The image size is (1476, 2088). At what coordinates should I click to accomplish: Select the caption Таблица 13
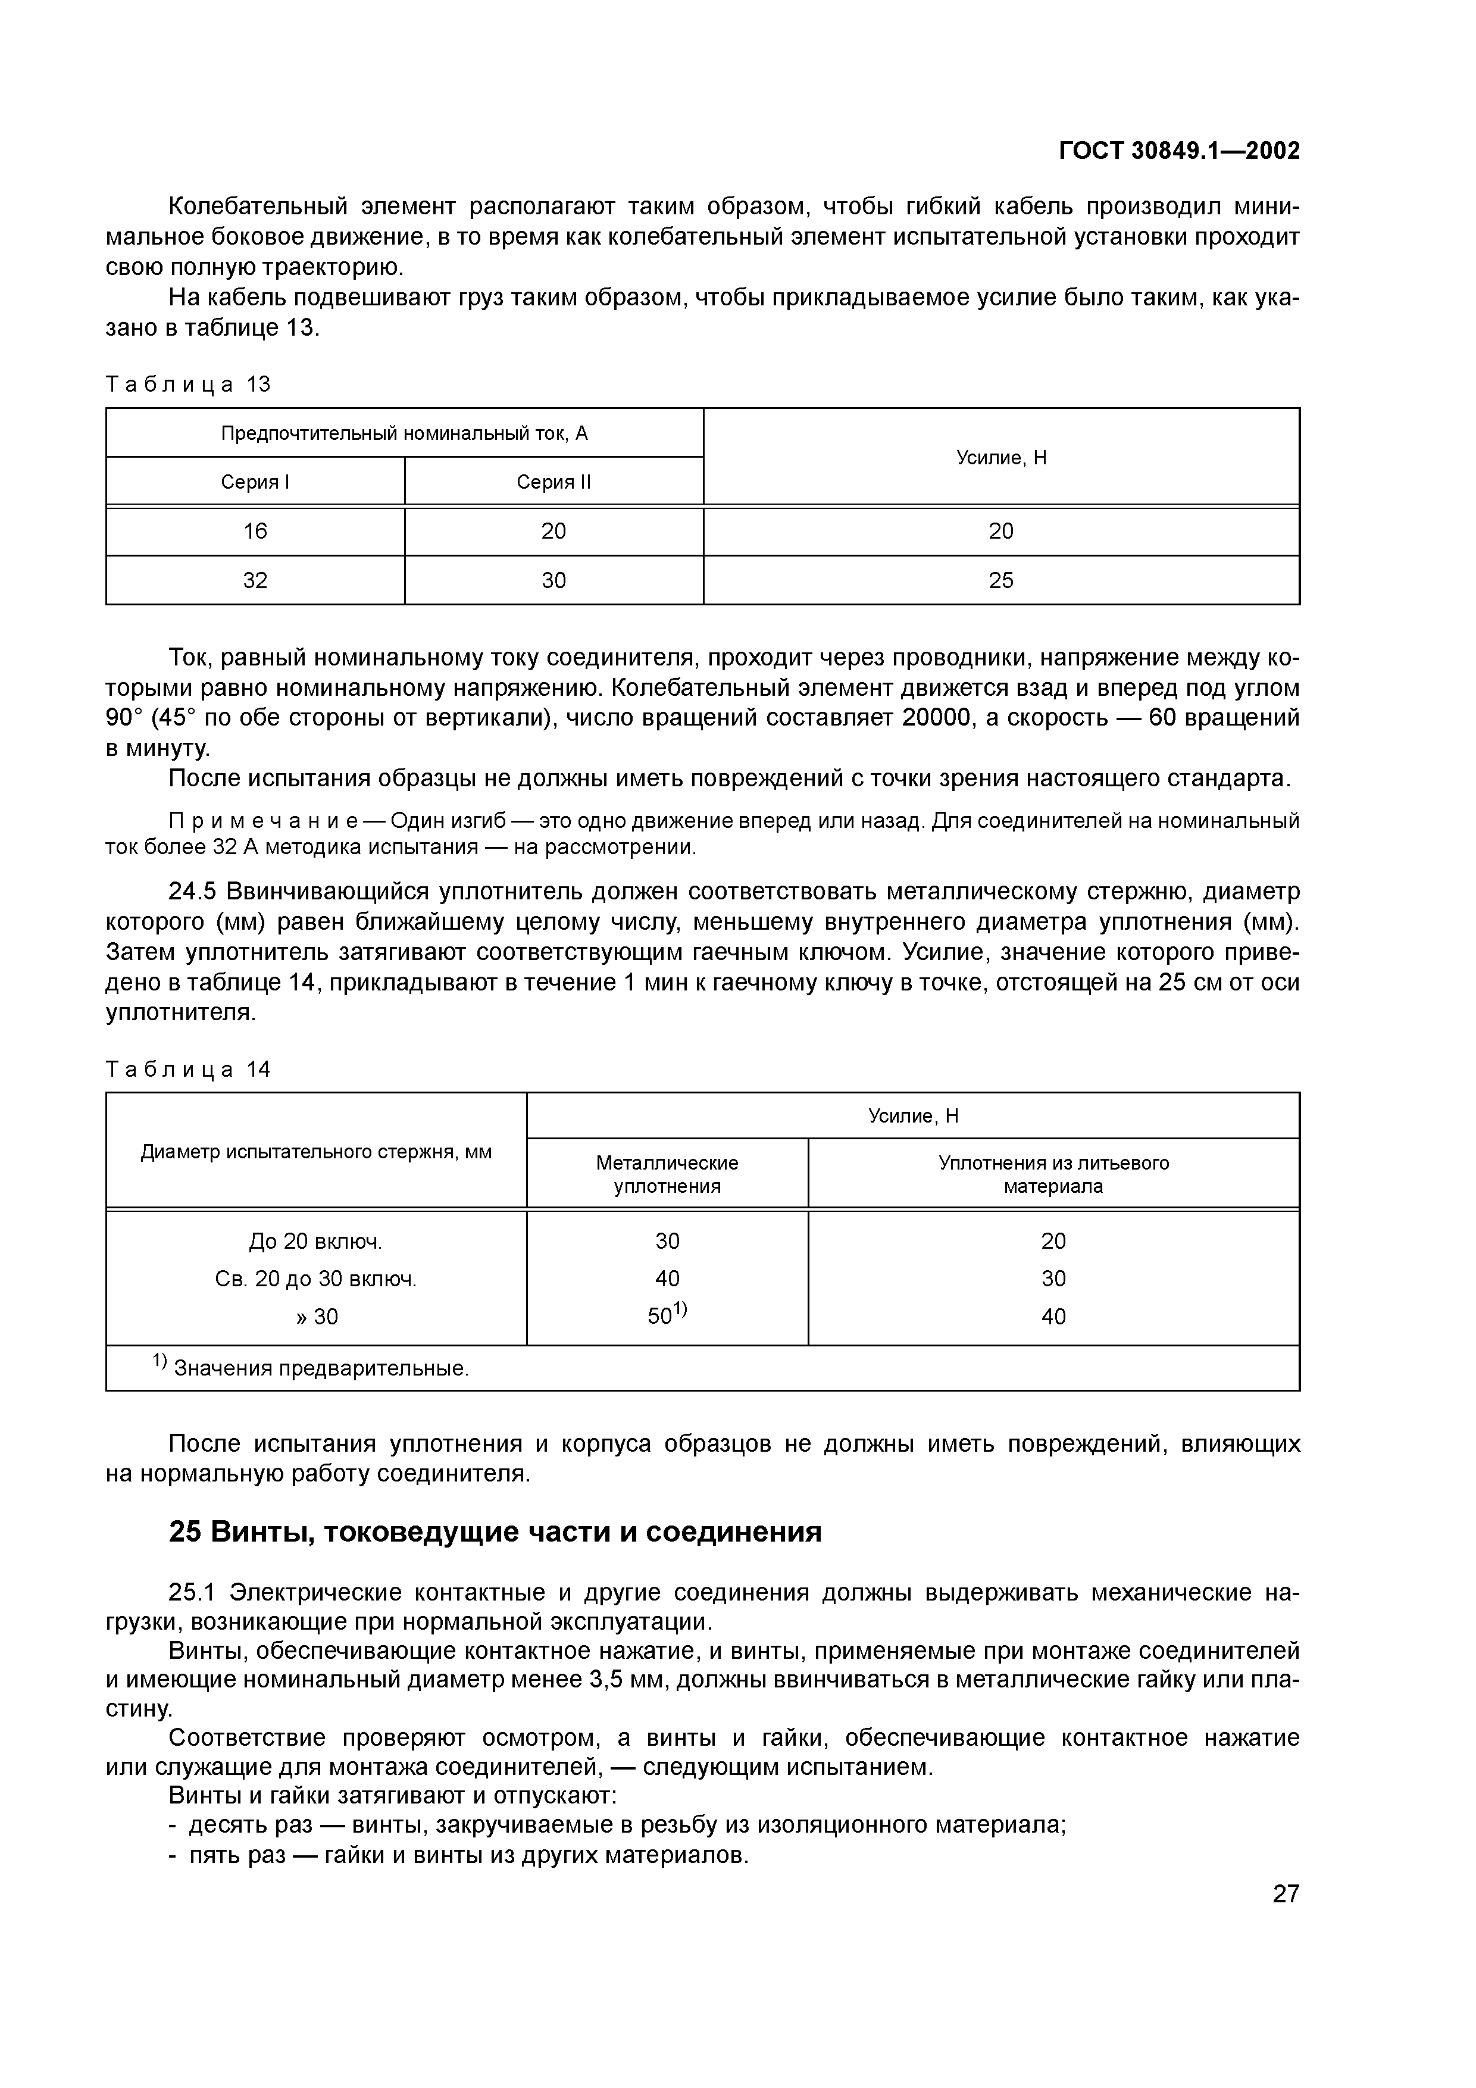pos(188,384)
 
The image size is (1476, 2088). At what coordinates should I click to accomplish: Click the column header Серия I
pos(255,482)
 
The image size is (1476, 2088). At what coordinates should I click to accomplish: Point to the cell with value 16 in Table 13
pos(255,531)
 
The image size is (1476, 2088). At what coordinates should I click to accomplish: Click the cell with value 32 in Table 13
pos(255,580)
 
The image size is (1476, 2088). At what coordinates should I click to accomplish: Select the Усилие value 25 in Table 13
pos(1000,580)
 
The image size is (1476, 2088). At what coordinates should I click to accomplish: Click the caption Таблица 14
pos(188,1068)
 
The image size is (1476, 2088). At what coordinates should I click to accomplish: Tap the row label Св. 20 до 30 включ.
pos(315,1279)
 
